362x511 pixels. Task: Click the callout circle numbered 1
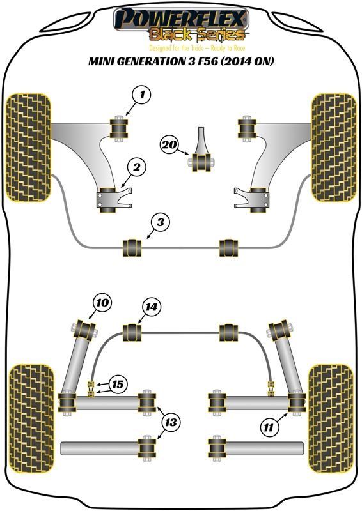pos(142,95)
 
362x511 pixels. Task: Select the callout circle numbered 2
pos(136,167)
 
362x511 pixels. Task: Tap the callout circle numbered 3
pos(161,222)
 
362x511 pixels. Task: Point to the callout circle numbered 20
pos(169,144)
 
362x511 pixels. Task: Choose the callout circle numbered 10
pos(102,303)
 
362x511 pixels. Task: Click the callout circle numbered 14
pos(151,307)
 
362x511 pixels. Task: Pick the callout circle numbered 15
pos(118,385)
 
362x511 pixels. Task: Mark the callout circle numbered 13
pos(170,423)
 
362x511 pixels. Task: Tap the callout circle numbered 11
pos(269,427)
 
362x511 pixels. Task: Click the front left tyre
pos(29,148)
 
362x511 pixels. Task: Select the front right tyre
pos(334,148)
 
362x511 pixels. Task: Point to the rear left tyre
pos(31,419)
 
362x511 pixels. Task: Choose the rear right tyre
pos(330,419)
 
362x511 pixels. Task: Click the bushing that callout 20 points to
pos(202,162)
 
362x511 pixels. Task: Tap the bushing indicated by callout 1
pos(118,128)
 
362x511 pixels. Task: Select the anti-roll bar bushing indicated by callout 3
pos(132,248)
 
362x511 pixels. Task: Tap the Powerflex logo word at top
pos(180,18)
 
